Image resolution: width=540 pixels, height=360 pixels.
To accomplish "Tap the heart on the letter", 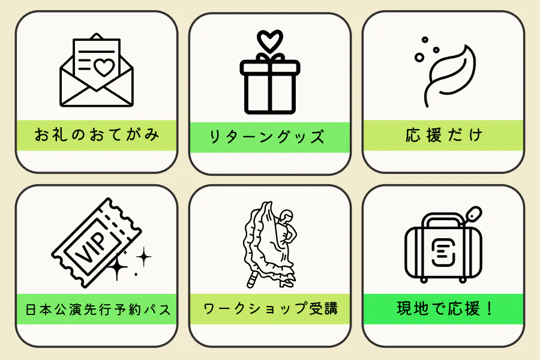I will click(104, 67).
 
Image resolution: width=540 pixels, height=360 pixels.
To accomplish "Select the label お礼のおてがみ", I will click(97, 134).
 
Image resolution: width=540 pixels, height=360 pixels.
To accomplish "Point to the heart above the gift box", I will click(269, 40).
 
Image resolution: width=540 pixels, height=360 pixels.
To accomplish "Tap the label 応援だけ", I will click(443, 135).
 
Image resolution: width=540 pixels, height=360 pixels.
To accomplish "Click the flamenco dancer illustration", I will click(270, 246).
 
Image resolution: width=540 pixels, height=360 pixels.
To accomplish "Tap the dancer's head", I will click(287, 215).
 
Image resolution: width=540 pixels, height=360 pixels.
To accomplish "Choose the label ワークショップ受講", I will click(270, 309).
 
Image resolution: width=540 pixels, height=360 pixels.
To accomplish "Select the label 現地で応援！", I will click(444, 310).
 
